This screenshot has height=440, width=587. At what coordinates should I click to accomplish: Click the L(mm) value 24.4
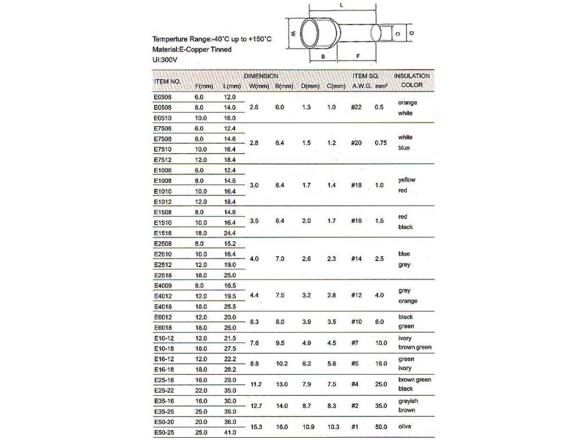pyautogui.click(x=229, y=233)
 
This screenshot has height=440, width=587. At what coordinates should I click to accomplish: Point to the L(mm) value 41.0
pyautogui.click(x=229, y=432)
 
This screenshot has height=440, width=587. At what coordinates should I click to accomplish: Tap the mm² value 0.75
pyautogui.click(x=381, y=143)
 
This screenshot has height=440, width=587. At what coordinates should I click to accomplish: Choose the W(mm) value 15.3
pyautogui.click(x=256, y=427)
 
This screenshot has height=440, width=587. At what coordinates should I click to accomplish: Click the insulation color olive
pyautogui.click(x=406, y=427)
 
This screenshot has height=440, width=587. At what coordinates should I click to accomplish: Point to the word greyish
pyautogui.click(x=408, y=401)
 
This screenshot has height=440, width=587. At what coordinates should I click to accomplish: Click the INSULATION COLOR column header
pyautogui.click(x=412, y=80)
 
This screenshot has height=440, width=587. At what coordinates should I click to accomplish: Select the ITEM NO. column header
pyautogui.click(x=167, y=81)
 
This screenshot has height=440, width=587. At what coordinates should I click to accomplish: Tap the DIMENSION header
pyautogui.click(x=261, y=76)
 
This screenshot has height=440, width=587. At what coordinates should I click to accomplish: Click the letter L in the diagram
pyautogui.click(x=342, y=5)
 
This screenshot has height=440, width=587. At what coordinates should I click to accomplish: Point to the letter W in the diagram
pyautogui.click(x=292, y=34)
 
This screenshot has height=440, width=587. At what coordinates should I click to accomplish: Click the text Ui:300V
pyautogui.click(x=166, y=59)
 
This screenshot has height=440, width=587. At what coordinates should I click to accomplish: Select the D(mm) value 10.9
pyautogui.click(x=307, y=427)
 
